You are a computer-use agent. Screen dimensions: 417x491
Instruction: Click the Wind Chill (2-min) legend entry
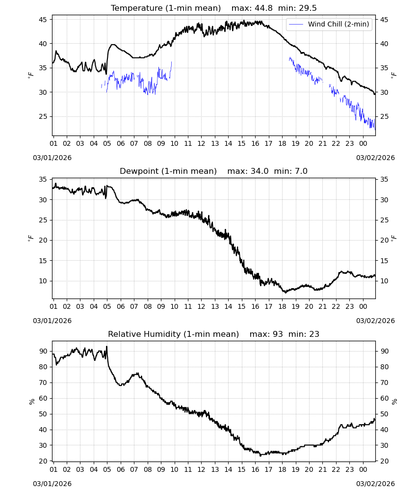click(x=329, y=24)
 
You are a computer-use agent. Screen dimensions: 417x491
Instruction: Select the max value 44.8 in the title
click(x=263, y=8)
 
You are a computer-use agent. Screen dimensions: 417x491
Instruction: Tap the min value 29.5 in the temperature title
click(x=308, y=8)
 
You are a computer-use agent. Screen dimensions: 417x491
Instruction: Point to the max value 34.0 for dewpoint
click(x=260, y=171)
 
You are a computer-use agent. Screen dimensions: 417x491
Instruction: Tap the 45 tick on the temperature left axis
click(x=43, y=20)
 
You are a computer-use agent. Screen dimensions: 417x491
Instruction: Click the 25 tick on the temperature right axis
click(x=384, y=116)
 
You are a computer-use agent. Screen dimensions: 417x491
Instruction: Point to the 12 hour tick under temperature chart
click(x=201, y=144)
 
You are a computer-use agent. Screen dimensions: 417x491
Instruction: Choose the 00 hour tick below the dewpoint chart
click(x=363, y=306)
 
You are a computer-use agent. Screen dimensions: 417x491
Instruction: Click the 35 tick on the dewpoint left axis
click(x=43, y=179)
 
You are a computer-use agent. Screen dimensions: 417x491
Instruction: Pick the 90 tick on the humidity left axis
click(x=43, y=352)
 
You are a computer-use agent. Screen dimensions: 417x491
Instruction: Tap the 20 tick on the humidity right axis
click(x=384, y=461)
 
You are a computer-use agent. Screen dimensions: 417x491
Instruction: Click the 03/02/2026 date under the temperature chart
click(x=375, y=158)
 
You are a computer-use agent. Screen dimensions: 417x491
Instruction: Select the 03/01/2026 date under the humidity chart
click(x=52, y=484)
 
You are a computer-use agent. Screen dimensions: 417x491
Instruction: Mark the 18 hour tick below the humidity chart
click(x=282, y=469)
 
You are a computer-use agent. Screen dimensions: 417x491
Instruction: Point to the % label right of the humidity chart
click(x=394, y=402)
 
